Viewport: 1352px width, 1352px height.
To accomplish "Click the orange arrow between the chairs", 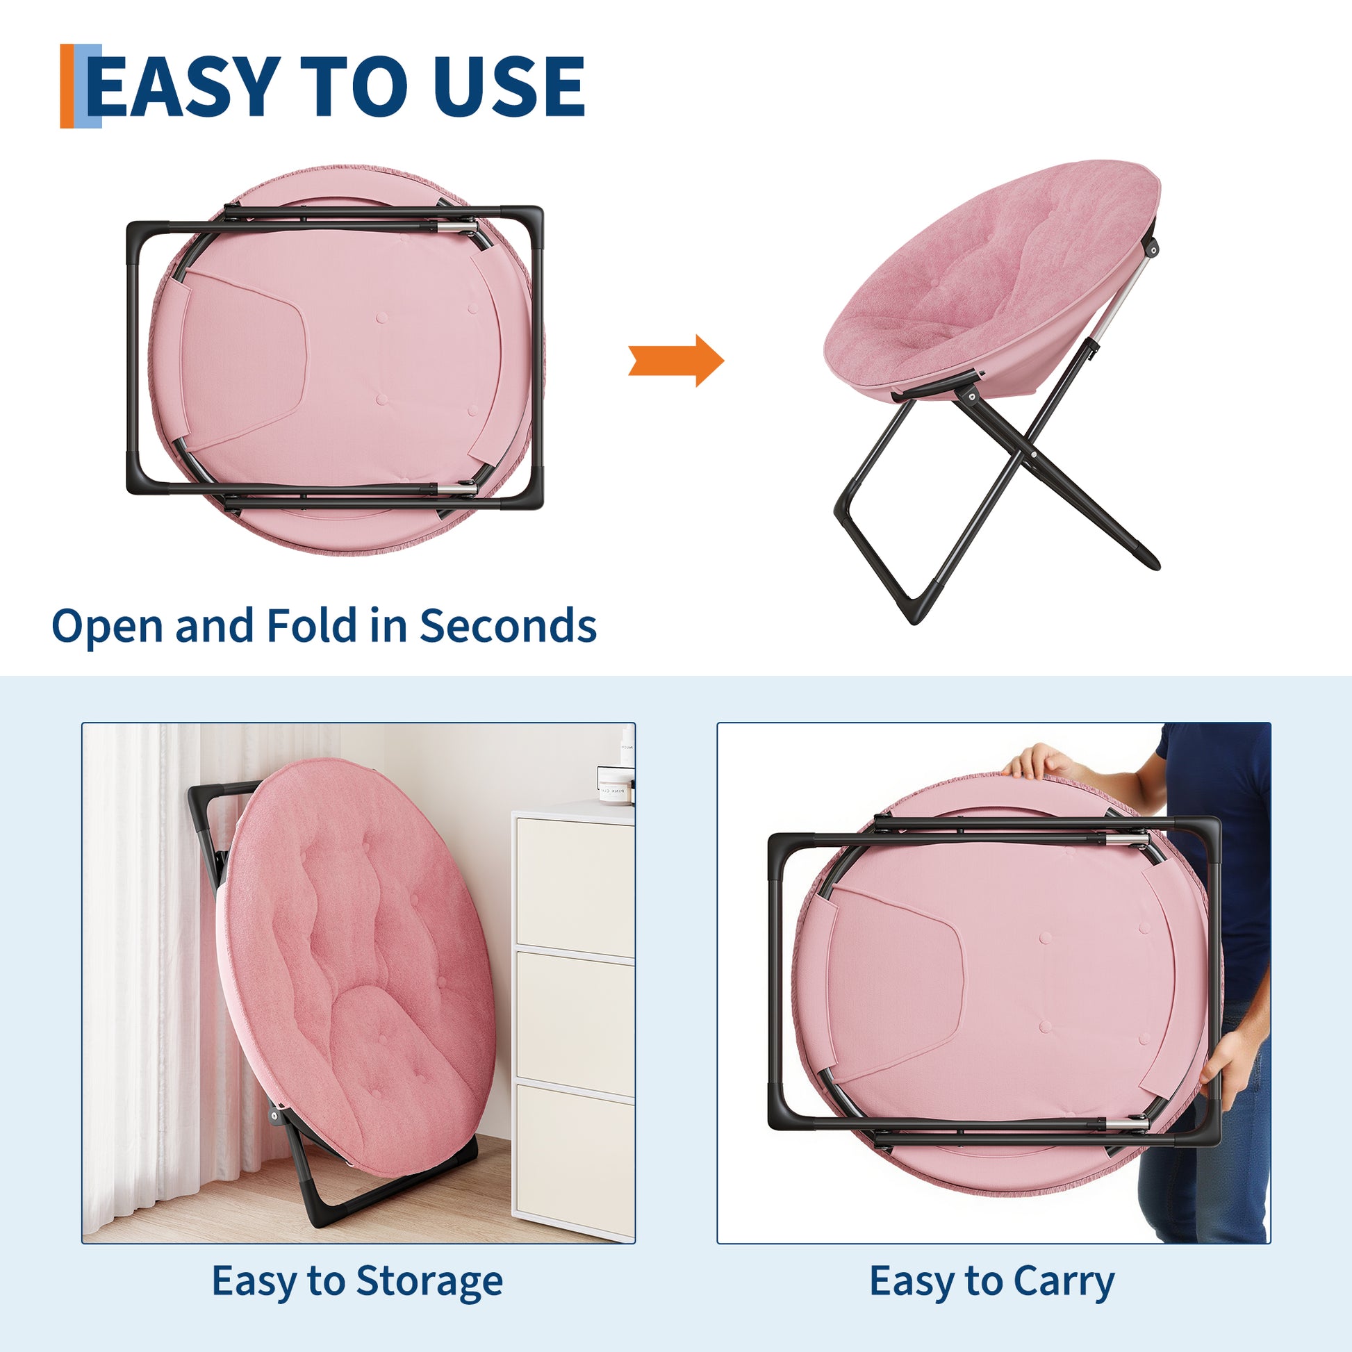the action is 676,361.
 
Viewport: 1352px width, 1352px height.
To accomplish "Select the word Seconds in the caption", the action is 507,625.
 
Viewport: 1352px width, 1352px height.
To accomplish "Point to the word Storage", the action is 429,1280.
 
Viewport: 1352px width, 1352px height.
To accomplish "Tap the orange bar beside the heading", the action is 67,86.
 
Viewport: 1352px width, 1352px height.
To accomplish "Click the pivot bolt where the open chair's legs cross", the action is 1034,455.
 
